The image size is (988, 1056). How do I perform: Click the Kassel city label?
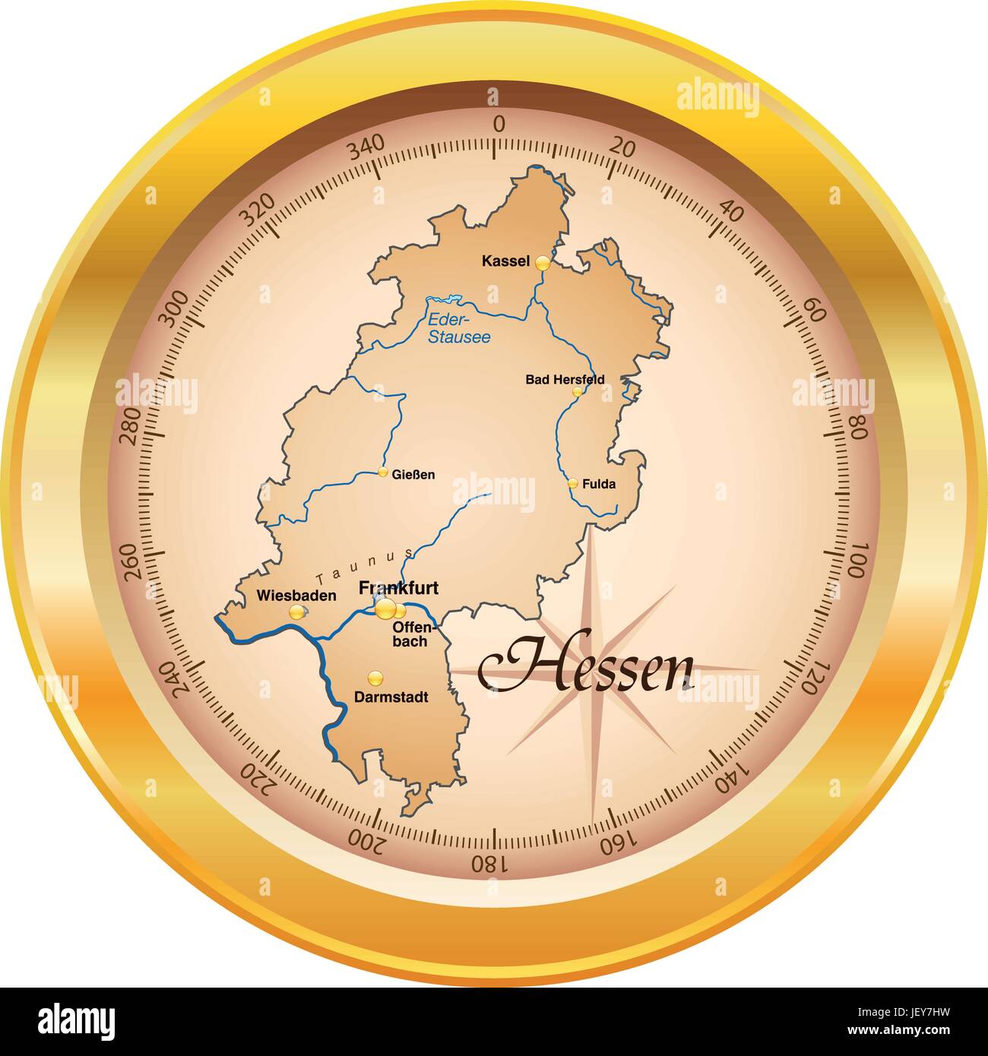pos(505,261)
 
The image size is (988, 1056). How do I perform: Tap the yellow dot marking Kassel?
pos(542,263)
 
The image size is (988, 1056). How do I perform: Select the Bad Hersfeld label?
pos(565,379)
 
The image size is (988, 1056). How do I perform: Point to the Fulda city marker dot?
pos(573,483)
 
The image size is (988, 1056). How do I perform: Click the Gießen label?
pos(413,475)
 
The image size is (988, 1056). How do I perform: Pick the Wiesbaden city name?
pos(296,596)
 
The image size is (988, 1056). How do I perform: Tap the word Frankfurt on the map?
pos(398,588)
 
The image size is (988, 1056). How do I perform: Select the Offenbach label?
pos(411,634)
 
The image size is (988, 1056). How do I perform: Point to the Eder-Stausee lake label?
pos(459,328)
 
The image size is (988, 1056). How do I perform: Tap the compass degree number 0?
pos(499,125)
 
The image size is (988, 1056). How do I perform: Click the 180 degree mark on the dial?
pos(486,862)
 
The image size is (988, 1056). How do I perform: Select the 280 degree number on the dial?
pos(131,426)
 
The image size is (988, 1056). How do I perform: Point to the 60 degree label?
pos(815,310)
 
